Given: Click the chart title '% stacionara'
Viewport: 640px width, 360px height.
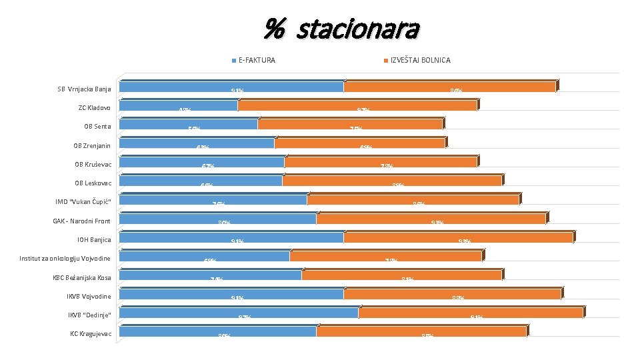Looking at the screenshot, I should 341,29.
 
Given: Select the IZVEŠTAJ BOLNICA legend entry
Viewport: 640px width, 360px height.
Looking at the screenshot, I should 419,60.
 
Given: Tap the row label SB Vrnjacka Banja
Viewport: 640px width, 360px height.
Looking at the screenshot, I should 84,89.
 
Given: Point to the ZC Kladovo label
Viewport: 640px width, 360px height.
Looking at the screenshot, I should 95,107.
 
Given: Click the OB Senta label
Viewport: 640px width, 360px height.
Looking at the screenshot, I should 94,127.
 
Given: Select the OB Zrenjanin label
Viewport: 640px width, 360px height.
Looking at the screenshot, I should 92,145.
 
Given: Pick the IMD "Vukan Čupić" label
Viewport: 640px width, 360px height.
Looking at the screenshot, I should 83,202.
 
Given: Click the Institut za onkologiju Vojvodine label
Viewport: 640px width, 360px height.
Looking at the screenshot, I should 65,258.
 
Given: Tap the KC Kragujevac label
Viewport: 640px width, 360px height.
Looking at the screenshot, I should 91,333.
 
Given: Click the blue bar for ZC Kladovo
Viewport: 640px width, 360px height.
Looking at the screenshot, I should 178,105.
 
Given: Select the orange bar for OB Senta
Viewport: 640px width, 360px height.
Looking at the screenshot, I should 349,124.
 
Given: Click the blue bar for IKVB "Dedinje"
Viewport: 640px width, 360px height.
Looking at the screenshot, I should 239,312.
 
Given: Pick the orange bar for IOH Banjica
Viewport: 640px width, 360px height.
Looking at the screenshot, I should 457,237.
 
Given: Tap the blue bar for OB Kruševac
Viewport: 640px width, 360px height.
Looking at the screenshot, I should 201,161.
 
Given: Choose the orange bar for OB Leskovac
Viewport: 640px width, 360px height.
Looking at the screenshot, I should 391,180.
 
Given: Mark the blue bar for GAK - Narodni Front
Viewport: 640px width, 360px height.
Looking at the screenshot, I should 217,218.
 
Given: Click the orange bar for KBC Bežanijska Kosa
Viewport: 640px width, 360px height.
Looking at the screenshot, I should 401,275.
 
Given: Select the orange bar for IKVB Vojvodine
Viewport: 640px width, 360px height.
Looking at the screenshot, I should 452,293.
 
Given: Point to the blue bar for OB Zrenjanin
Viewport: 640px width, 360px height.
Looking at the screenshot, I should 197,143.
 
